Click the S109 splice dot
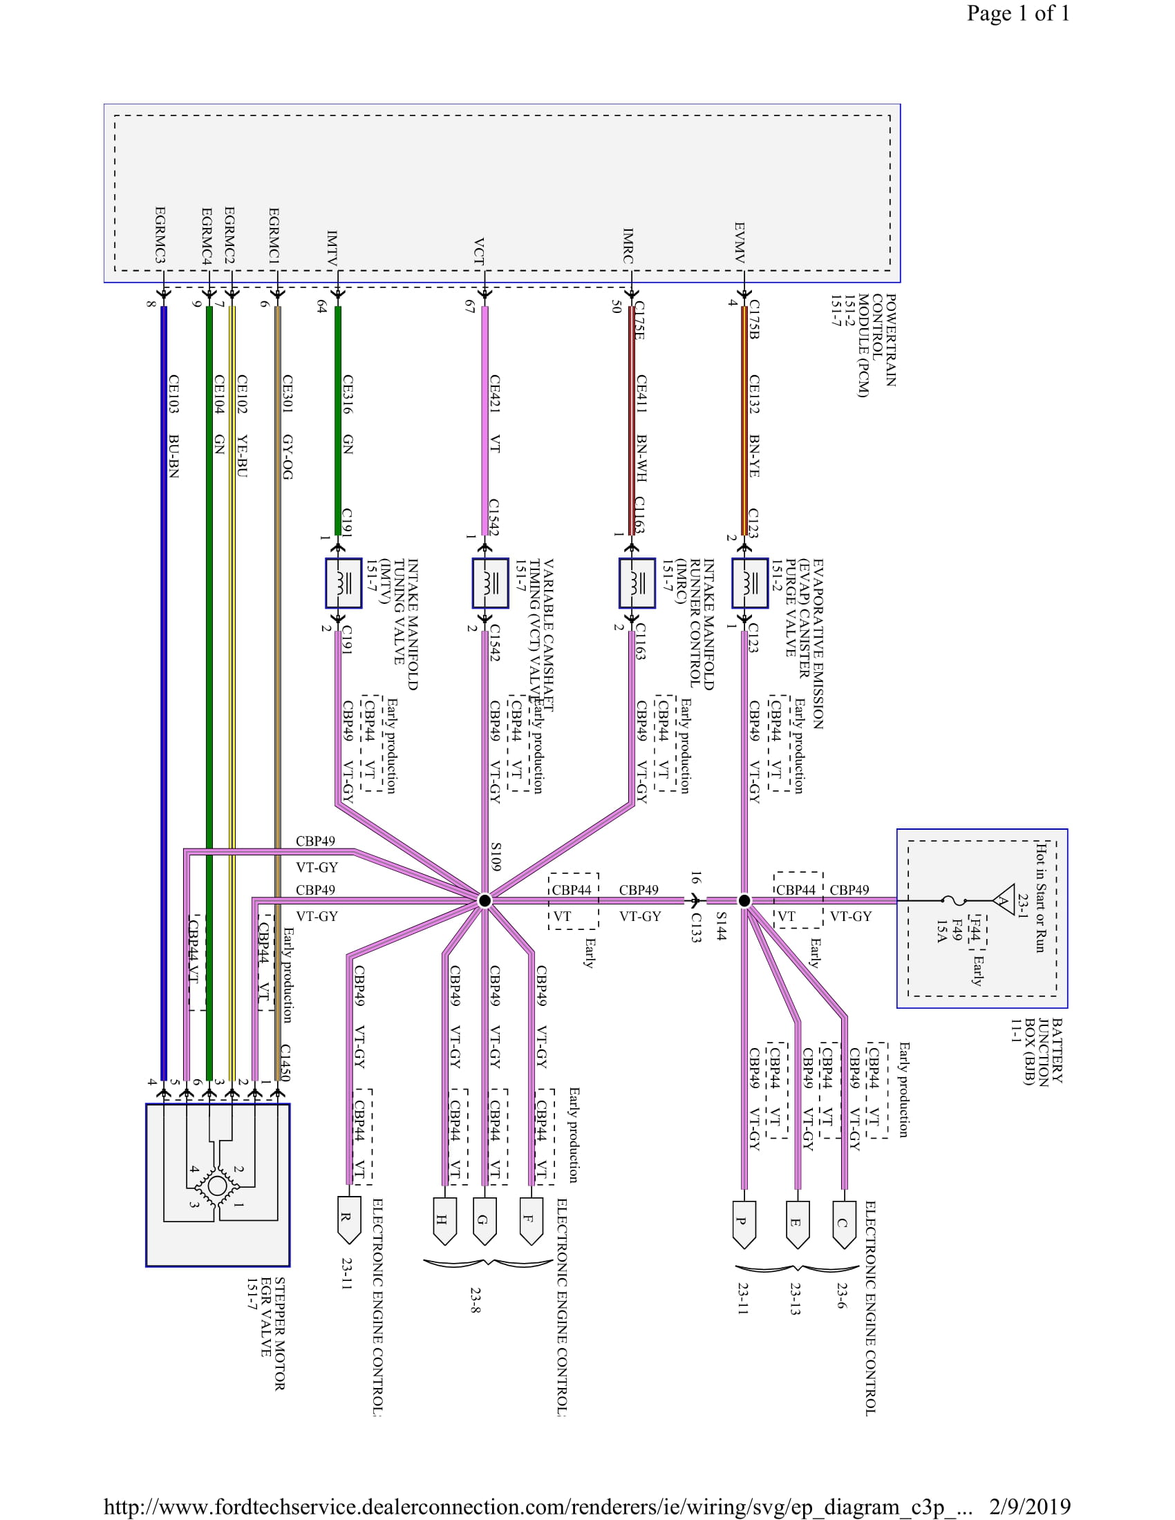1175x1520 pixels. coord(485,900)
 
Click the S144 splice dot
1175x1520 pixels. coord(744,900)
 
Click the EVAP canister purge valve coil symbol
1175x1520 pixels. coord(750,583)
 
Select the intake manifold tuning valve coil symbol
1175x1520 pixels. coord(344,583)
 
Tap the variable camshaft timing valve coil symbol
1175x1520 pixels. coord(490,583)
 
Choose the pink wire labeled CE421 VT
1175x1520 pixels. coord(485,417)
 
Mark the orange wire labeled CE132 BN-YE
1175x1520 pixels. coord(744,417)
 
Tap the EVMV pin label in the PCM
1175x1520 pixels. coord(740,243)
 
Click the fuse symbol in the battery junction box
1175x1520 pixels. coord(955,900)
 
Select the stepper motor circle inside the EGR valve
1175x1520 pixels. coord(217,1185)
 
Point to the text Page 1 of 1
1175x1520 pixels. coord(1017,13)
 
